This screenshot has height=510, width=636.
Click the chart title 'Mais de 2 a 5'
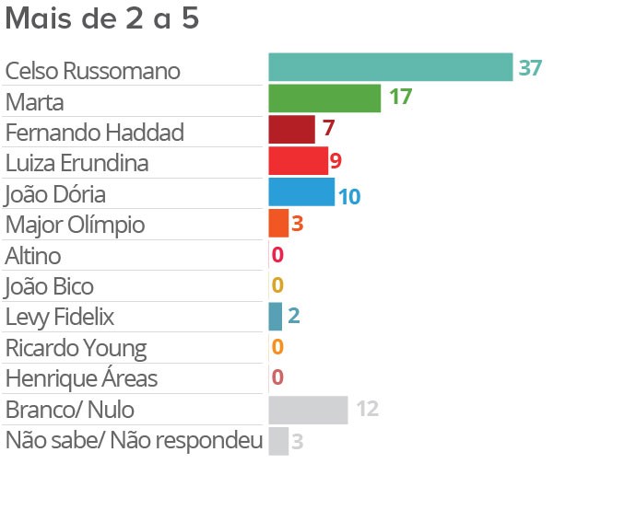coord(102,19)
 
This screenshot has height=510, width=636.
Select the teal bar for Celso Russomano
coord(390,67)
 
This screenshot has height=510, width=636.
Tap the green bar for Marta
coord(324,99)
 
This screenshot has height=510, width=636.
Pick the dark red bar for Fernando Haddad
coord(291,130)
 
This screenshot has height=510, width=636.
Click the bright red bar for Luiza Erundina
coord(298,161)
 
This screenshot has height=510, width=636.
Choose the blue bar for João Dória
coord(301,192)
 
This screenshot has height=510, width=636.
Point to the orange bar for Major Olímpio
coord(278,223)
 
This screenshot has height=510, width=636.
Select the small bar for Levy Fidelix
coord(275,317)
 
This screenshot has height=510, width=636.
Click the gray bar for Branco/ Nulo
coord(308,410)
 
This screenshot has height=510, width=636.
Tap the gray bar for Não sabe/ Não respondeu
coord(278,441)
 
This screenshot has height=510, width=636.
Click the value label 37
coord(530,68)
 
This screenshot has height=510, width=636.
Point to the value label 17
coord(400,98)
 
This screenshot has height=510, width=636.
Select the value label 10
coord(348,196)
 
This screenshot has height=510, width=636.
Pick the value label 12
coord(368,410)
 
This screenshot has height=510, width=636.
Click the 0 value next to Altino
coord(277,255)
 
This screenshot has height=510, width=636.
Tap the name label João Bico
coord(49,286)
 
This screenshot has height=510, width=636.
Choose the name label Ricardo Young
coord(76,348)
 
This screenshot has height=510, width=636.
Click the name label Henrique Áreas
coord(81,378)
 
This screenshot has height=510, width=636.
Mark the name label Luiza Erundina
coord(77,163)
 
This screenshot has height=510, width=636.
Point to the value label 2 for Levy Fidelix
coord(293,316)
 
